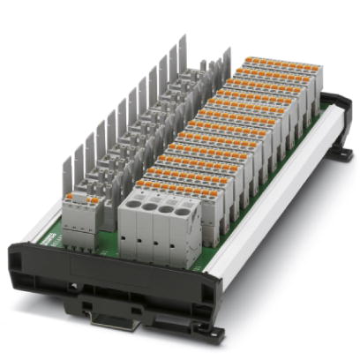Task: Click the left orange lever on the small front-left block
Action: coord(71,199)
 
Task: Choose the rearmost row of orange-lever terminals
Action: coord(274,64)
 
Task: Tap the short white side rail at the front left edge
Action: coord(35,231)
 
